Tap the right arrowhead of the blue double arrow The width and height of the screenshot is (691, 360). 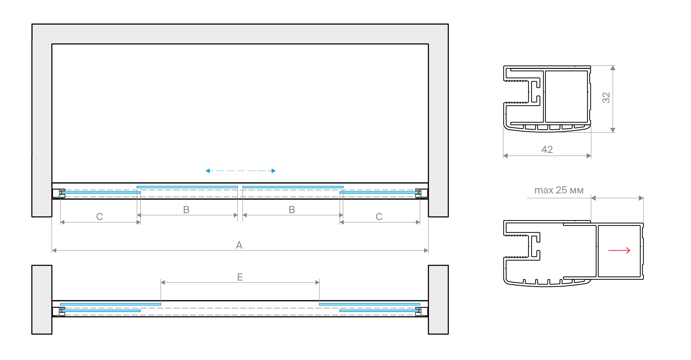click(273, 171)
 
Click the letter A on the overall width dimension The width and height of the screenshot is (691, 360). click(239, 245)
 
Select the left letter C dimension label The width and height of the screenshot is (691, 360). click(100, 216)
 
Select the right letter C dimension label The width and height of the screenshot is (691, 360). click(379, 216)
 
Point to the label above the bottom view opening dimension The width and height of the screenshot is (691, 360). click(241, 277)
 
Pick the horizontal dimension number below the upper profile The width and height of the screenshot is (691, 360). click(547, 150)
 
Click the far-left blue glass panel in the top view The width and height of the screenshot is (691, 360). click(101, 192)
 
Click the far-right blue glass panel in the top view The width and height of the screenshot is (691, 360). click(379, 192)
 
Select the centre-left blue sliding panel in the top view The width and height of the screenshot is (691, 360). click(187, 187)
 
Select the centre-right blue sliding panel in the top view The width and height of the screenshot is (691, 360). click(293, 187)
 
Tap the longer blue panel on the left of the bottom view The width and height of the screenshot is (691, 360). click(110, 304)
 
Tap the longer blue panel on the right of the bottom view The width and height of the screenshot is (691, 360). click(370, 304)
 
